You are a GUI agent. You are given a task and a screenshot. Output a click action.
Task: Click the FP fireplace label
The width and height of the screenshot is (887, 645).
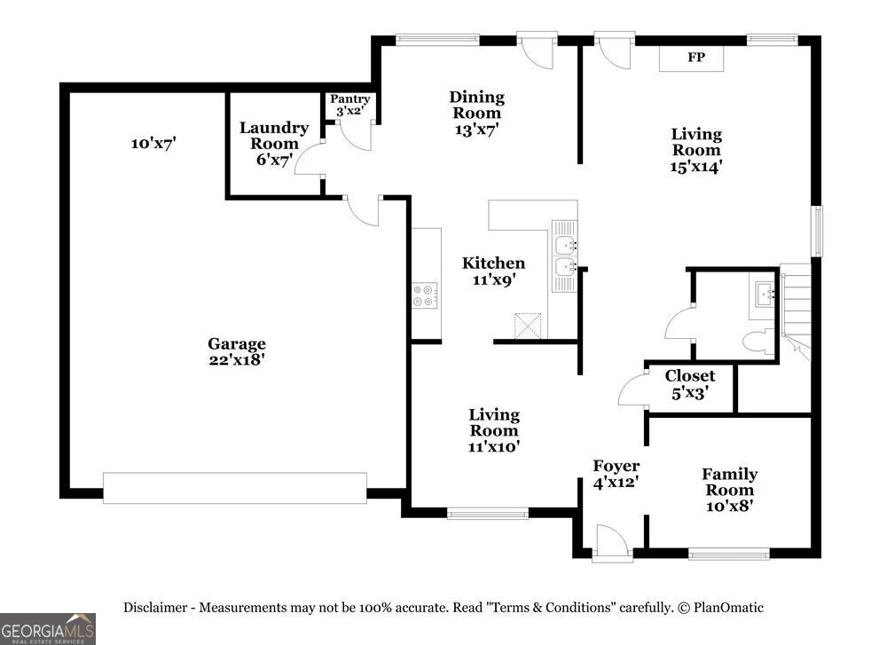(695, 57)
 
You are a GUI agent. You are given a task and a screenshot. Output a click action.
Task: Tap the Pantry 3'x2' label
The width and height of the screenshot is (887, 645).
(350, 105)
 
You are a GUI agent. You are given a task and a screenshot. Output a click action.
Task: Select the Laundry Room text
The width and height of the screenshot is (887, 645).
(274, 135)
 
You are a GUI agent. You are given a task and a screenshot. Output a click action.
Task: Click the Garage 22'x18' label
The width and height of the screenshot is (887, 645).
(237, 351)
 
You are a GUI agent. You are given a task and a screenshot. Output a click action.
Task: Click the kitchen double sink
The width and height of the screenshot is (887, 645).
(564, 256)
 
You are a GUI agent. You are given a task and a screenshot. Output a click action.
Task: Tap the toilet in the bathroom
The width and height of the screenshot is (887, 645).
(758, 342)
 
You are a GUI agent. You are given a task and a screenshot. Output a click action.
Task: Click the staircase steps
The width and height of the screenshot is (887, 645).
(796, 311)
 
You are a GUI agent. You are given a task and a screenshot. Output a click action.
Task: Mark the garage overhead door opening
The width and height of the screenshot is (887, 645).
(235, 488)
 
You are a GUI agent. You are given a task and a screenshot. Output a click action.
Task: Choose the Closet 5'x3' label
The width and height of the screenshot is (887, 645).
(689, 384)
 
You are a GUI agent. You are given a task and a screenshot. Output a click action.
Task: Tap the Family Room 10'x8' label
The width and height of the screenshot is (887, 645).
(730, 490)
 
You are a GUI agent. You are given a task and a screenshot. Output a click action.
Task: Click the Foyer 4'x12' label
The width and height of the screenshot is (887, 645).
(616, 474)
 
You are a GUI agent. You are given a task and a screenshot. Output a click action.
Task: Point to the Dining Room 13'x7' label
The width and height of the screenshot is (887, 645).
(477, 114)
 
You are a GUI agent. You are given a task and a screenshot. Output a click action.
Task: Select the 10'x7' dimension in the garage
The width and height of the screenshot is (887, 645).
(153, 143)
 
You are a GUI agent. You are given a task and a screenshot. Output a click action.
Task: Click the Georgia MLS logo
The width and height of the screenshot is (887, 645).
(48, 629)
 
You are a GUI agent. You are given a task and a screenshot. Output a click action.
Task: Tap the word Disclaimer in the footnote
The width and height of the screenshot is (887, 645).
(155, 608)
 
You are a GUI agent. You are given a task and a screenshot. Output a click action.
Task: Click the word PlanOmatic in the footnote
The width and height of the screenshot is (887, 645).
(728, 608)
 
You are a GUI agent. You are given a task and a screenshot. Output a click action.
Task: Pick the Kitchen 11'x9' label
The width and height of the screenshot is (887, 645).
(493, 271)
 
